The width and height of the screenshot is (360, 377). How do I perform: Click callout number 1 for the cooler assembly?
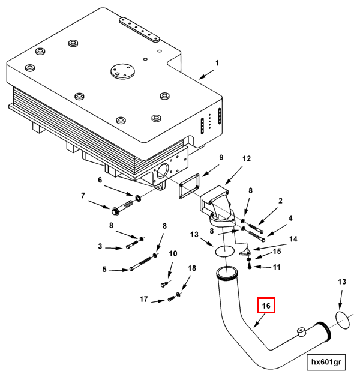tap(217, 64)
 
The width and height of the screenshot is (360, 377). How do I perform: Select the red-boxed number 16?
tap(266, 306)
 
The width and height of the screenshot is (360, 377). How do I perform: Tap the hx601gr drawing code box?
tap(326, 362)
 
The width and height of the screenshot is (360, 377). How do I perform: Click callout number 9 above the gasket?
tap(221, 158)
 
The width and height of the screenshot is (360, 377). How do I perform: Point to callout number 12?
tap(247, 159)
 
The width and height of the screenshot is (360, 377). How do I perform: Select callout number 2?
tap(280, 201)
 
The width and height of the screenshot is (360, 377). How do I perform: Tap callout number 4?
tap(290, 218)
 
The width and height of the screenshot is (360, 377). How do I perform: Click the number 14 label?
tap(293, 239)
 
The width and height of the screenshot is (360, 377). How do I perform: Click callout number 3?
tap(100, 246)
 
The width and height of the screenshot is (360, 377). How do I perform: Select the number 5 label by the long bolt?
tap(104, 270)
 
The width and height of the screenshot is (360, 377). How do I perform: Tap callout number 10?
tap(173, 253)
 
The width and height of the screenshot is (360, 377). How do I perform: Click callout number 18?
tap(192, 268)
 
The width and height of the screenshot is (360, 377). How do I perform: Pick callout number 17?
tap(144, 299)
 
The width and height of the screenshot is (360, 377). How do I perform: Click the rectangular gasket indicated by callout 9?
tap(188, 190)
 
